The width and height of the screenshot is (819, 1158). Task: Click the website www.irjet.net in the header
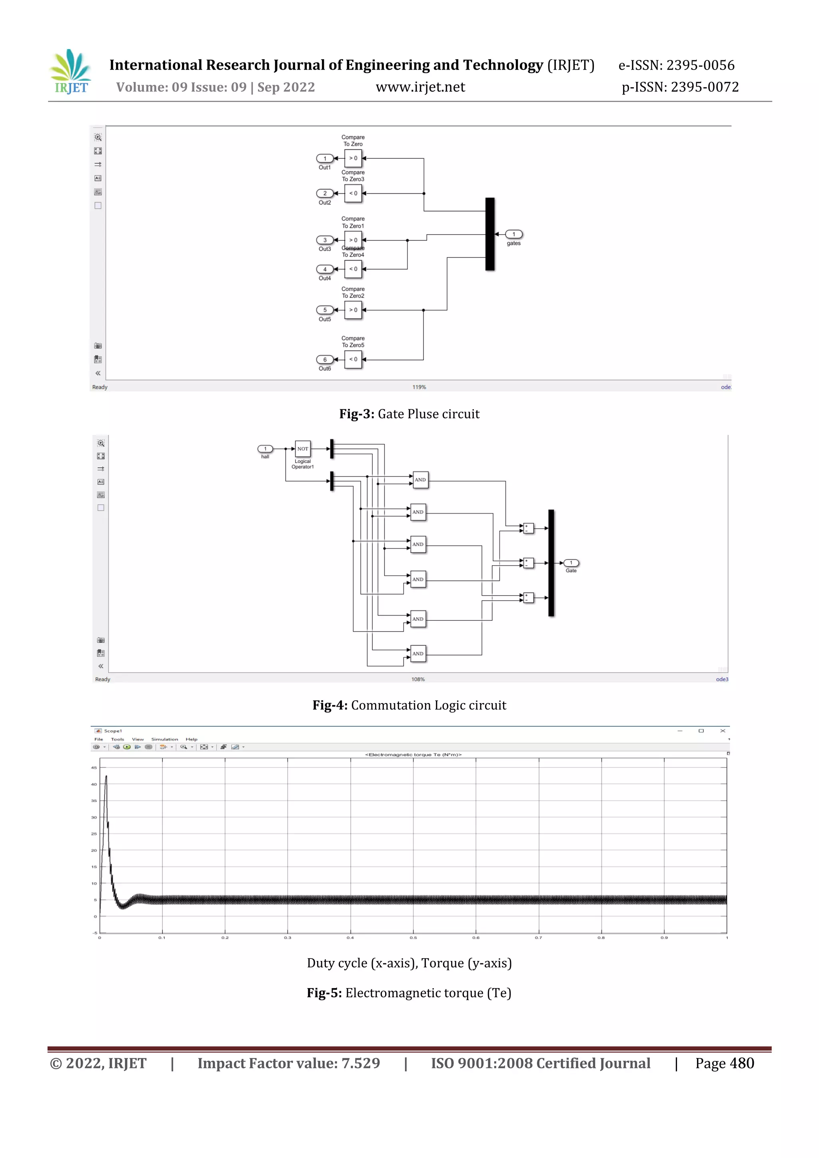pos(420,87)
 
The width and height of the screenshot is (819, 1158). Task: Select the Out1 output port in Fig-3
pos(324,158)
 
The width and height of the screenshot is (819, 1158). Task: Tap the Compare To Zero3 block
pos(353,193)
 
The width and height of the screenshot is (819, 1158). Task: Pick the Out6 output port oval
pos(324,360)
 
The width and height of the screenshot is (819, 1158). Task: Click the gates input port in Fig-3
pos(514,234)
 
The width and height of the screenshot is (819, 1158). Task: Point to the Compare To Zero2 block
pos(353,310)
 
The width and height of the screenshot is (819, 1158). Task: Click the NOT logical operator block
pos(303,448)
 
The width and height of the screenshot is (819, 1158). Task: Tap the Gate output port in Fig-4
pos(571,563)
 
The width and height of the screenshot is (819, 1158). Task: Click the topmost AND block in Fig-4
pos(420,480)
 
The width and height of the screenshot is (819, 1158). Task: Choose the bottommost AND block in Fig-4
pos(418,654)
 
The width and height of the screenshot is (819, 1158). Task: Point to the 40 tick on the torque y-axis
pos(94,784)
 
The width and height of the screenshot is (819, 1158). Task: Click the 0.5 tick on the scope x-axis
pos(413,938)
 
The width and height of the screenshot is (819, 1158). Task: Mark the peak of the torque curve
pos(106,777)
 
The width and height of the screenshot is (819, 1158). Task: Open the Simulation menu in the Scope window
pos(164,739)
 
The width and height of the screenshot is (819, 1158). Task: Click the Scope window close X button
pos(723,731)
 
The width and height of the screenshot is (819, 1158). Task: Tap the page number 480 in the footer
pos(742,1063)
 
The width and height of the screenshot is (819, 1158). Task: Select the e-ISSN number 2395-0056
pos(700,65)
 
